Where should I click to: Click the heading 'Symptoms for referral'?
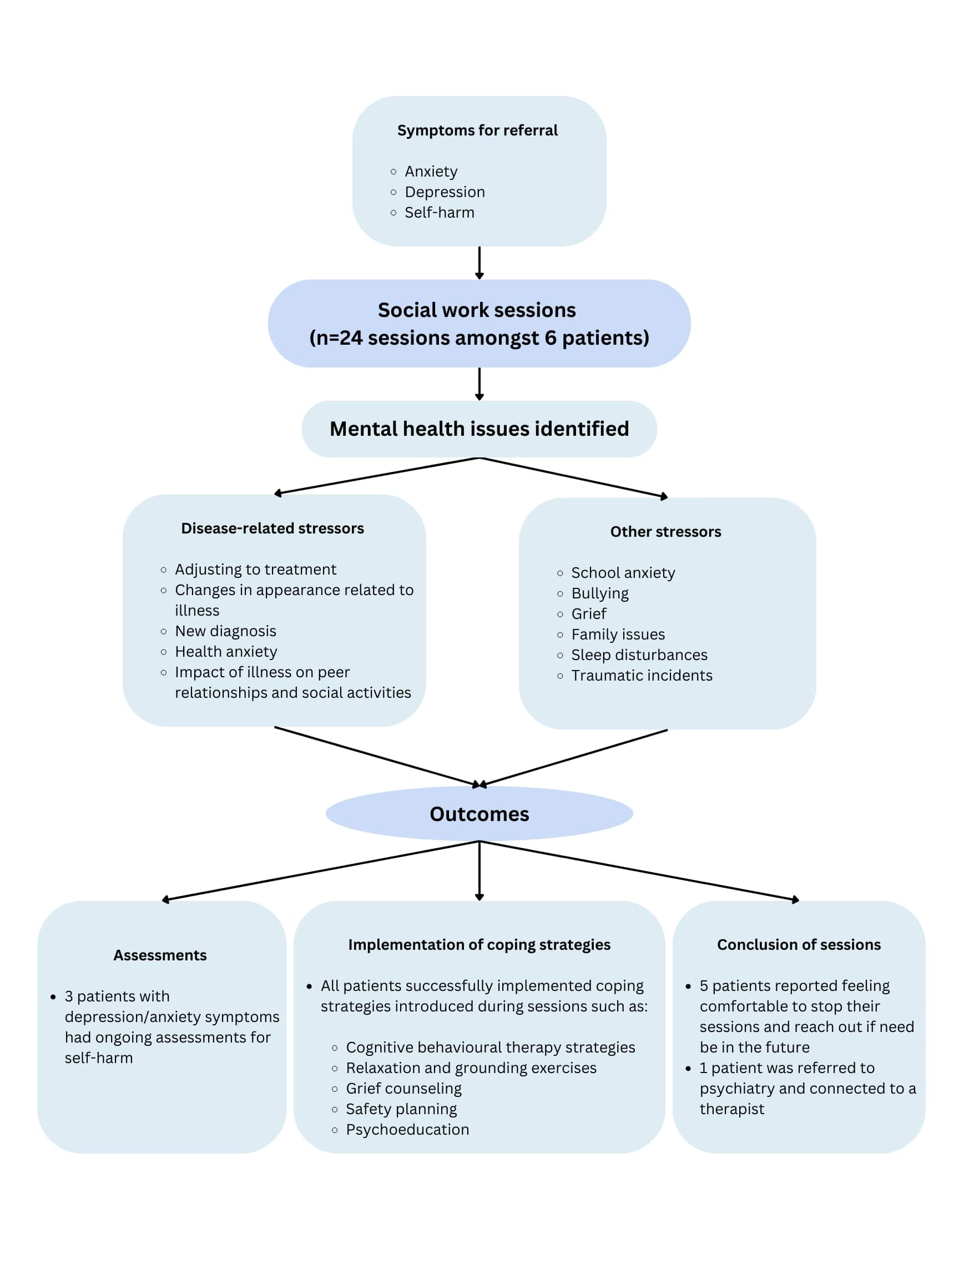coord(477,130)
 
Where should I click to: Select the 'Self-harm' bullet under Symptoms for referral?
coord(439,213)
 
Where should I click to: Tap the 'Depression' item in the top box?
coord(444,192)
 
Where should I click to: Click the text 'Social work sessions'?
coord(477,310)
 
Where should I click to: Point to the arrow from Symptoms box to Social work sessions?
coord(479,263)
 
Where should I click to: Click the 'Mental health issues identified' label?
coord(479,429)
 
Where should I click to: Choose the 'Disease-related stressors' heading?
coord(272,528)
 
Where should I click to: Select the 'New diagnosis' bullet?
coord(225,631)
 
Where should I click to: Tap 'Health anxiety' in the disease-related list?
coord(226,652)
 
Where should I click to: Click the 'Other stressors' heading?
coord(665,532)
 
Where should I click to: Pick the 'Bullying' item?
coord(599,593)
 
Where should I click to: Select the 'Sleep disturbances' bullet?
coord(639,655)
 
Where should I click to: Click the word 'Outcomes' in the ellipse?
coord(479,814)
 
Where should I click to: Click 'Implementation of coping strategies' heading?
coord(479,945)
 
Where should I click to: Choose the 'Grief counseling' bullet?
coord(403,1089)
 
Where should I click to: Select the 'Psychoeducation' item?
coord(407,1130)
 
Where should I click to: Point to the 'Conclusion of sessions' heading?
coord(799,945)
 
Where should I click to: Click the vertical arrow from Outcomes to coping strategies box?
coord(479,870)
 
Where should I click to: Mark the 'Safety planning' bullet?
coord(401,1109)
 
